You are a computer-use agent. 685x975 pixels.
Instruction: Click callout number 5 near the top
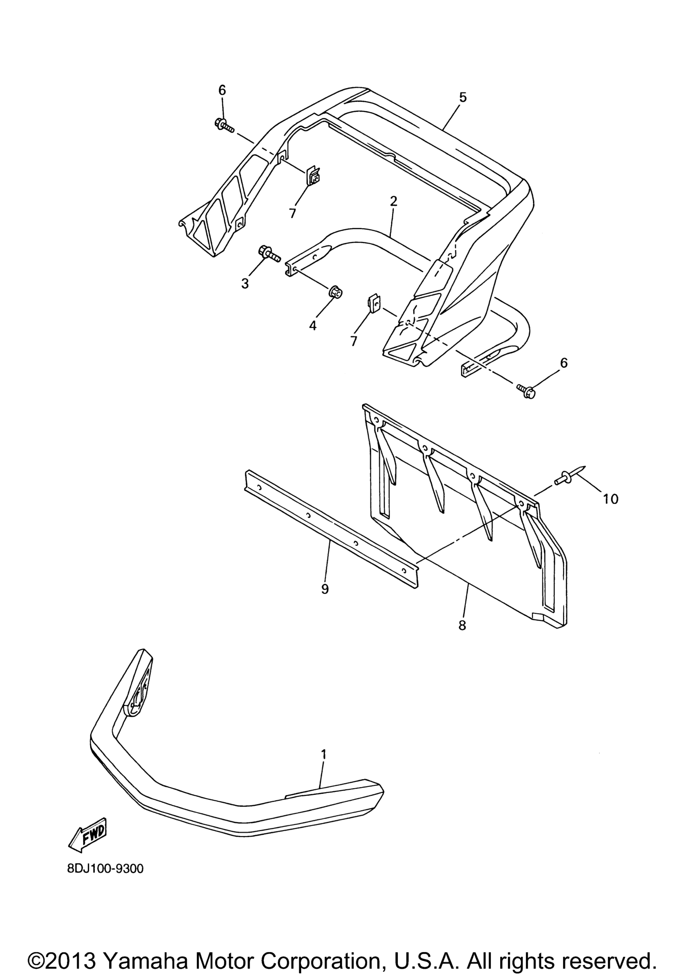coord(463,97)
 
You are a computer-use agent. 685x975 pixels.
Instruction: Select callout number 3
coord(245,284)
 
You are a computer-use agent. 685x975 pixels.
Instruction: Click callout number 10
coord(610,499)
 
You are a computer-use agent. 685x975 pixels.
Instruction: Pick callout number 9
coord(325,589)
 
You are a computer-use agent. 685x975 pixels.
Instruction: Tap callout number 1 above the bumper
coord(323,754)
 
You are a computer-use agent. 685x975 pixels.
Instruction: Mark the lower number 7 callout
coord(353,340)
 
